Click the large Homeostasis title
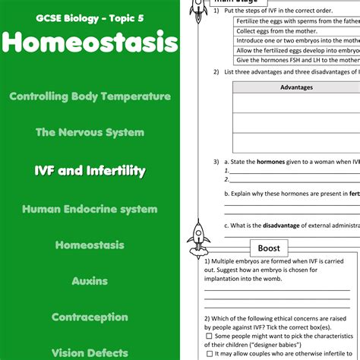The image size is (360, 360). tap(90, 43)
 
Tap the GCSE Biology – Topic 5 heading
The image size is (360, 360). tap(90, 17)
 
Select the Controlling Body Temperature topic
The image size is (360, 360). tap(90, 96)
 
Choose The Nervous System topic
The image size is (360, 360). tap(90, 132)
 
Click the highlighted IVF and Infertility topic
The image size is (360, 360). tap(90, 171)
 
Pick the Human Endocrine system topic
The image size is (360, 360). tap(90, 209)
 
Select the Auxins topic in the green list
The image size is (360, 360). tap(90, 281)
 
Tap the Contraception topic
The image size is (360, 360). tap(90, 317)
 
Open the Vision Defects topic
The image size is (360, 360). tap(90, 352)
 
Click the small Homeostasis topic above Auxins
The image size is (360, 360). tap(90, 245)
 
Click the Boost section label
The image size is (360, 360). tap(269, 248)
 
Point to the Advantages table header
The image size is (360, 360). tap(296, 87)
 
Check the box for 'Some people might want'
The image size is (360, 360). tap(209, 336)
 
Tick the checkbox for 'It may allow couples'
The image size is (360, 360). tap(209, 354)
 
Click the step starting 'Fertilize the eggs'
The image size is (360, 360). tap(296, 21)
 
